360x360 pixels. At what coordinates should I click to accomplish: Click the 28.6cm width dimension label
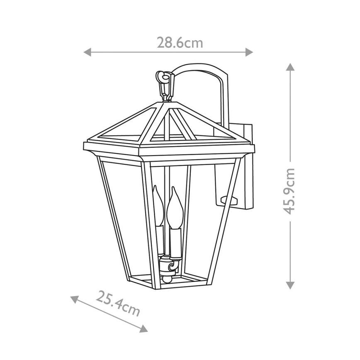point(180,43)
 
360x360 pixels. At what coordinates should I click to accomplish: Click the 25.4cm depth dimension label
point(118,303)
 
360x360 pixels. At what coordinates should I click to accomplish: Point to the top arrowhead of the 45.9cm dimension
point(290,67)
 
